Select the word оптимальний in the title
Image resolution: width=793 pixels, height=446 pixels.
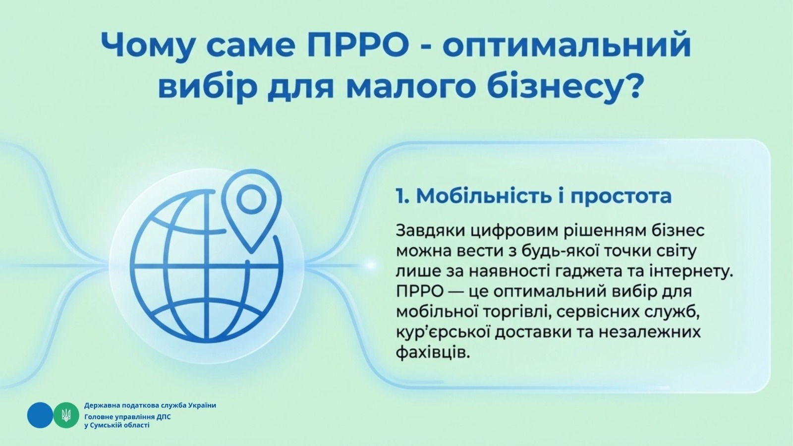coord(566,45)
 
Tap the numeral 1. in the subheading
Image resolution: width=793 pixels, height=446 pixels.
coord(402,196)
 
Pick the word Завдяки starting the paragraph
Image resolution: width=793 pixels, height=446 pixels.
coord(431,231)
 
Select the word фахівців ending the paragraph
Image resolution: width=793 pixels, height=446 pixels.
coord(433,353)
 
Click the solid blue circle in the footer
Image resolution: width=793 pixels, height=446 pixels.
coord(40,415)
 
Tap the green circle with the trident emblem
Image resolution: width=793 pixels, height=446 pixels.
coord(66,415)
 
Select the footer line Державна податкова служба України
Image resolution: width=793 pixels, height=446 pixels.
coord(150,405)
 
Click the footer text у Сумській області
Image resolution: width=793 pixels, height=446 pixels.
coord(117,426)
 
